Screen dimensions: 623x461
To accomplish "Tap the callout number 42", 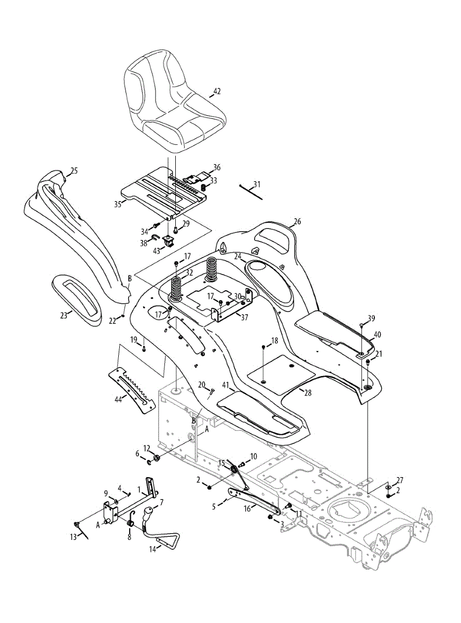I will click(x=217, y=91).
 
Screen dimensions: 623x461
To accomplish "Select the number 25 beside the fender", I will click(x=74, y=170).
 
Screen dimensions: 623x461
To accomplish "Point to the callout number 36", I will click(x=217, y=167).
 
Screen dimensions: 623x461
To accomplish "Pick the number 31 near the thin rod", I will click(x=258, y=185).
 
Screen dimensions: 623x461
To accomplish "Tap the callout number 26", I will click(x=297, y=222).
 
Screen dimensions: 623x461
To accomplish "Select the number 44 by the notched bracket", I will click(x=119, y=399).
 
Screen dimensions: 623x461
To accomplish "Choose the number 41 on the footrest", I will click(x=225, y=385).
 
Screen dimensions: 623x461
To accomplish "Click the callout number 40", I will click(x=378, y=335).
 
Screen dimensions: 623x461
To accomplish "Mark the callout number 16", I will click(x=247, y=509).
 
